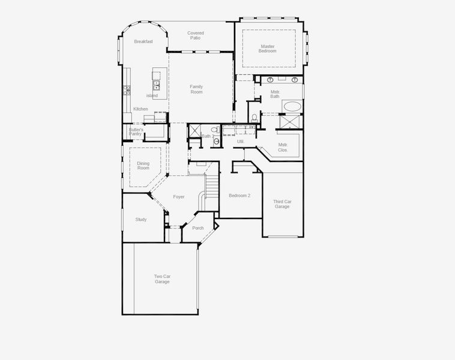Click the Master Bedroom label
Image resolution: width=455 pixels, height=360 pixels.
(268, 49)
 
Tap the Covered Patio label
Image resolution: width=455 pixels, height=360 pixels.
(196, 35)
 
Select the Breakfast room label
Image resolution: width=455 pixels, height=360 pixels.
(143, 41)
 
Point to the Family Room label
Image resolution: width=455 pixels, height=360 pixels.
(196, 89)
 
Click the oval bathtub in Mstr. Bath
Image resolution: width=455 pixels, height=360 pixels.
(292, 106)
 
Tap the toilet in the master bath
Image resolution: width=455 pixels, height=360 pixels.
(255, 118)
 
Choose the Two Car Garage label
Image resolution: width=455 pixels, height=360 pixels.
(162, 279)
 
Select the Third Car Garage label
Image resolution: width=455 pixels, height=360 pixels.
(282, 204)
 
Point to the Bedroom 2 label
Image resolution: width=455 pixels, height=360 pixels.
(240, 196)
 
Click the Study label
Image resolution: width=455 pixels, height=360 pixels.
(141, 220)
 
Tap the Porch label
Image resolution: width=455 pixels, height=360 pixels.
(198, 228)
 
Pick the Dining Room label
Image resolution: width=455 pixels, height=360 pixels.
(143, 166)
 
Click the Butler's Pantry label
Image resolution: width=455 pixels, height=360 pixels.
(136, 132)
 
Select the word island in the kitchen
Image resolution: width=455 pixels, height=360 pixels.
(152, 95)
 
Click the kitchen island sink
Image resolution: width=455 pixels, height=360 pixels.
(157, 85)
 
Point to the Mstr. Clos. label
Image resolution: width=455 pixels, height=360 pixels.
(283, 148)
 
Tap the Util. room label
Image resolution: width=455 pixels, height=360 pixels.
(241, 142)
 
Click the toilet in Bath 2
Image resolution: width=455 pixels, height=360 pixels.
(215, 129)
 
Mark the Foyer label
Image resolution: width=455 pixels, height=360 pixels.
(179, 197)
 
